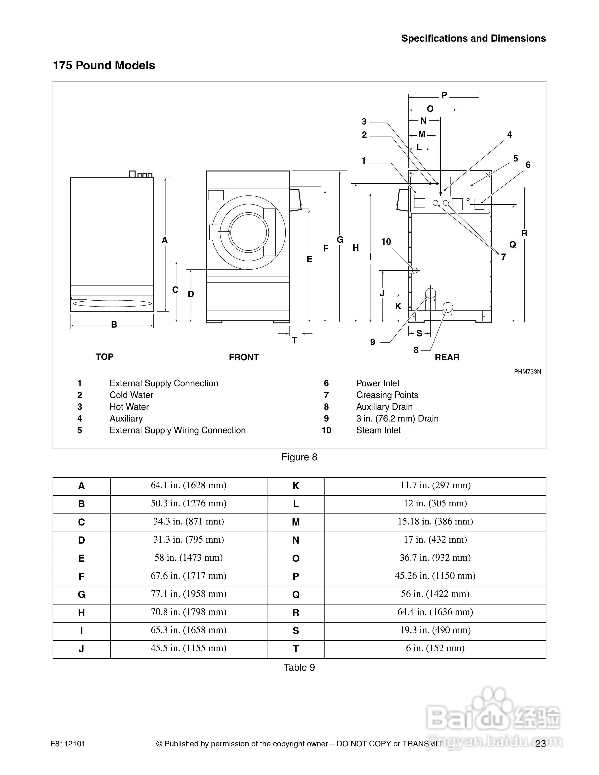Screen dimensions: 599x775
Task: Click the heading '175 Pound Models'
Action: tap(104, 65)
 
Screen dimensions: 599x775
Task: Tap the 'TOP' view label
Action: tap(104, 357)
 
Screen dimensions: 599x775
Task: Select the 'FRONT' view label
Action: tap(244, 357)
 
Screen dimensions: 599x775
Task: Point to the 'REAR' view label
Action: tap(447, 357)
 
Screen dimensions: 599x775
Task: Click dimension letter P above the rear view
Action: tap(444, 95)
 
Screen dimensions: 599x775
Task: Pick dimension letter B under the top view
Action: tap(114, 325)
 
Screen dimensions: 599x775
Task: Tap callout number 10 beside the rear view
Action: tap(386, 242)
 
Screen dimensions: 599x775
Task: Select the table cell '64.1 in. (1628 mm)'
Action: tap(188, 485)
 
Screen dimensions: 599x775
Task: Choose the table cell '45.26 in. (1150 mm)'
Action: tap(435, 576)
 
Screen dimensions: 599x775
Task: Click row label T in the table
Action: tap(296, 649)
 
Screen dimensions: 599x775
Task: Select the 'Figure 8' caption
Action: tap(299, 457)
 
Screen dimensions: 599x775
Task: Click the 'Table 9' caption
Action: tap(299, 667)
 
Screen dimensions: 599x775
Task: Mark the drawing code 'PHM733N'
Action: tap(528, 372)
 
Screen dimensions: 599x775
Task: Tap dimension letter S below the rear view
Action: tap(419, 333)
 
